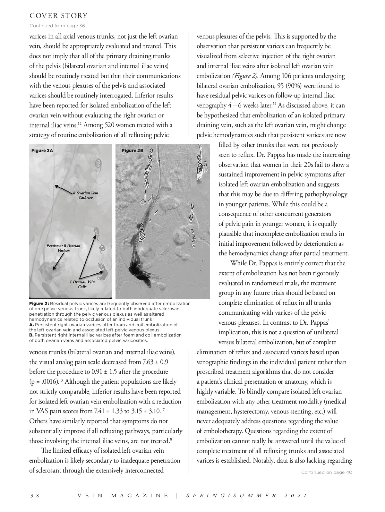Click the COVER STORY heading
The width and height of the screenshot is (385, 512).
pos(58,16)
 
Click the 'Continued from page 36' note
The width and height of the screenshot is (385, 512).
pos(57,26)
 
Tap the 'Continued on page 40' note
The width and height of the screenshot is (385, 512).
pos(327,472)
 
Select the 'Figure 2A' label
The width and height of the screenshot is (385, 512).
pos(42,150)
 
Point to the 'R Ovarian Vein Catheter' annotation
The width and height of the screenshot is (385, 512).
pos(85,195)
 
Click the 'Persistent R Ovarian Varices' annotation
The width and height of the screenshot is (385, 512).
pos(63,248)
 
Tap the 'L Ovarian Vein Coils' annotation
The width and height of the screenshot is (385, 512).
pos(82,284)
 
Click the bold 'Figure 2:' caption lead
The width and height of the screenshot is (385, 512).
pos(39,303)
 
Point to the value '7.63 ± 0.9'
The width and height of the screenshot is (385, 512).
pos(155,362)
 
